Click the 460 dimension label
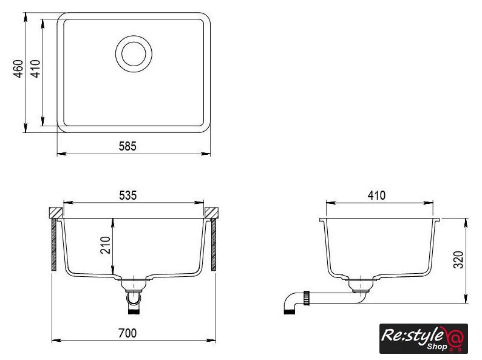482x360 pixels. click(18, 69)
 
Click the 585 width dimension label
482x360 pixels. click(127, 146)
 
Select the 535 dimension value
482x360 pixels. click(127, 195)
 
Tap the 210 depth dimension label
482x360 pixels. click(105, 245)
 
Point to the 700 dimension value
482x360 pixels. click(127, 333)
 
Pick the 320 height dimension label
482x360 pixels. click(458, 260)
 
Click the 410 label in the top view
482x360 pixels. click(35, 69)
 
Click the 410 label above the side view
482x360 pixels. click(376, 195)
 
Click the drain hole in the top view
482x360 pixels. click(134, 54)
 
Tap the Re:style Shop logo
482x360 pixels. click(424, 339)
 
